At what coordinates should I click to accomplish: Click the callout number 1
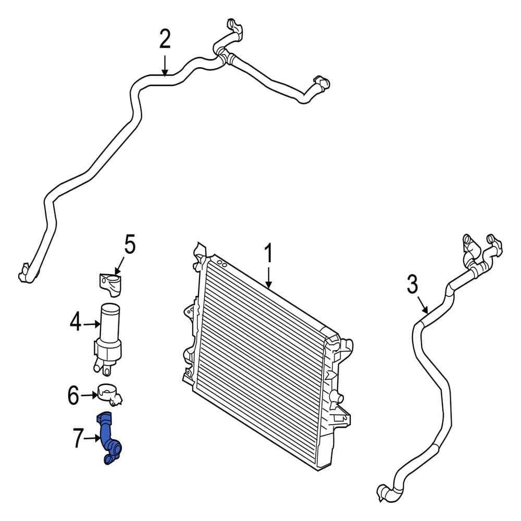click(268, 253)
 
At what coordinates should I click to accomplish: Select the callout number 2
click(165, 39)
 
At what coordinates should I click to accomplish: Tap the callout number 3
click(412, 285)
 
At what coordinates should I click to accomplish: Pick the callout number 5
click(130, 244)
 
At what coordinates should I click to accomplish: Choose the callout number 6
click(73, 395)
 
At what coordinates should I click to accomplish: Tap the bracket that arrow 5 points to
click(110, 283)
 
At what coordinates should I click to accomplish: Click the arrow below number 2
click(165, 65)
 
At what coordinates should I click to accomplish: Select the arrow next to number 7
click(92, 439)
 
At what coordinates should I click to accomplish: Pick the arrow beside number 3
click(422, 305)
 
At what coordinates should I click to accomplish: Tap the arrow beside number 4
click(92, 324)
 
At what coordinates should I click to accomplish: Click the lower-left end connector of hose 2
click(26, 273)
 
